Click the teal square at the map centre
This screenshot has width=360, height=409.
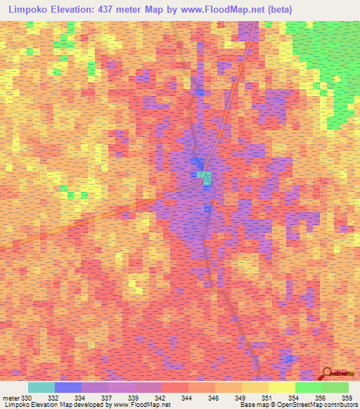tap(204, 177)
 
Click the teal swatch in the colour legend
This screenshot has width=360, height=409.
tap(41, 387)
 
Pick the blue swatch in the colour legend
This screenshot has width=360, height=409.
tap(68, 387)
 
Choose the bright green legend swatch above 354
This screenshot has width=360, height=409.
tap(308, 387)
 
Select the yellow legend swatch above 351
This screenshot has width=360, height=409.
tap(281, 387)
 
